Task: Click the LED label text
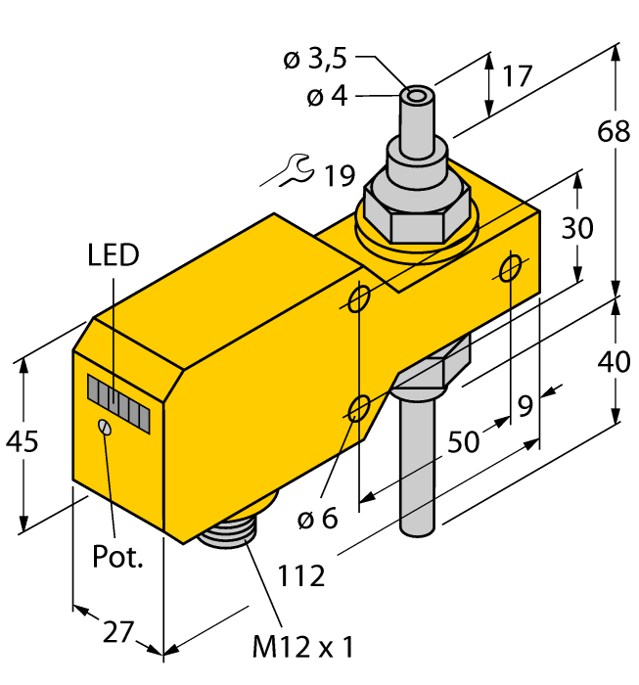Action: pyautogui.click(x=114, y=256)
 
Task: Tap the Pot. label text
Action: pyautogui.click(x=116, y=559)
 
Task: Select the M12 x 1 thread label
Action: pyautogui.click(x=304, y=646)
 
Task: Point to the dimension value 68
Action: pyautogui.click(x=614, y=132)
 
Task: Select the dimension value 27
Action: pyautogui.click(x=118, y=631)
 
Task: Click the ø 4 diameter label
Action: pyautogui.click(x=326, y=98)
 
